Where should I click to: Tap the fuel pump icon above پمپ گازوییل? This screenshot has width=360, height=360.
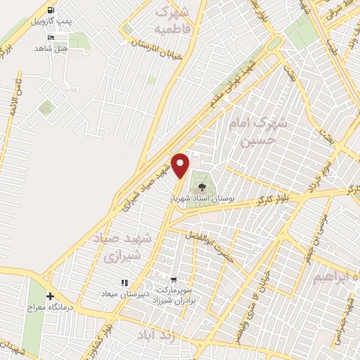click(x=51, y=10)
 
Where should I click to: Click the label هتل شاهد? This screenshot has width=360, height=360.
click(x=50, y=49)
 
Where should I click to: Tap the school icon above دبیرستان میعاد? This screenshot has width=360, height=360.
click(x=124, y=283)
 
